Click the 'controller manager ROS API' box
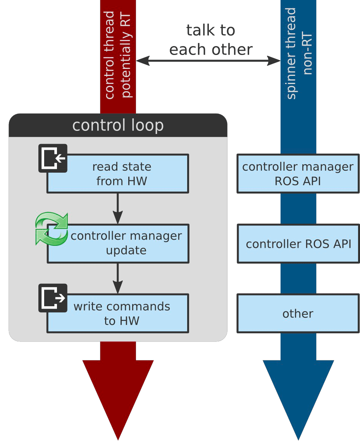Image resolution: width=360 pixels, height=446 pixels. [298, 174]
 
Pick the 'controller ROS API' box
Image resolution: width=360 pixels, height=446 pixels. [298, 244]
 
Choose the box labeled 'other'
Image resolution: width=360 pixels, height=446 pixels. [298, 314]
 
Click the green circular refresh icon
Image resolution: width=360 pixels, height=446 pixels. [52, 228]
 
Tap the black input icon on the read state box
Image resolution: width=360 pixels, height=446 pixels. [53, 158]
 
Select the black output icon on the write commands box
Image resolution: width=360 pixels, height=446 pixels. [53, 298]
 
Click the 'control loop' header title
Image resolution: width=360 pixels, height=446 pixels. [118, 125]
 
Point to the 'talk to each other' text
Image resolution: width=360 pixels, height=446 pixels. [211, 40]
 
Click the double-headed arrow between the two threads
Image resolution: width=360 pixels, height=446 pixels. [208, 60]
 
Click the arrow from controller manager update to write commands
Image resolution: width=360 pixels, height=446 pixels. [118, 278]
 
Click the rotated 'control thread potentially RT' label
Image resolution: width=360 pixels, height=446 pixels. [118, 54]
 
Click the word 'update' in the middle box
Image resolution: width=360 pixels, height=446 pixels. [126, 250]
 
